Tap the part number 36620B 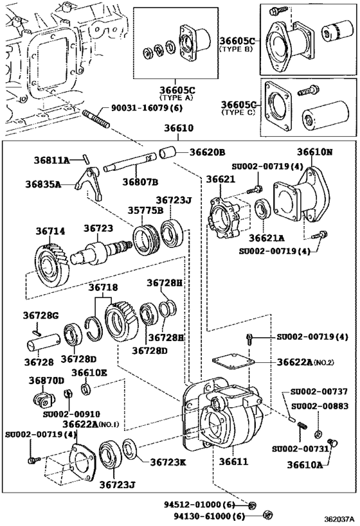pyautogui.click(x=207, y=152)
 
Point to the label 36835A pyautogui.click(x=43, y=184)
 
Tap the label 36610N pyautogui.click(x=314, y=152)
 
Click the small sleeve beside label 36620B pyautogui.click(x=168, y=154)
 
